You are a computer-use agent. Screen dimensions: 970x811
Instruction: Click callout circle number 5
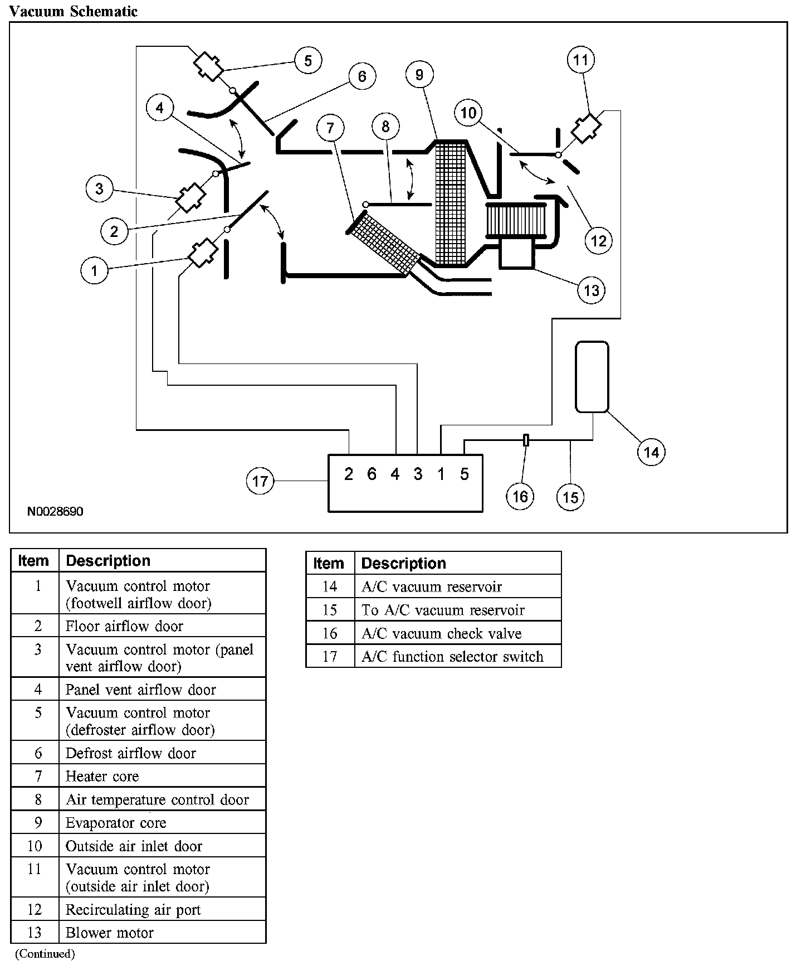point(308,60)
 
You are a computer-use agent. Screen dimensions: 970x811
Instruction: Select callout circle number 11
point(581,60)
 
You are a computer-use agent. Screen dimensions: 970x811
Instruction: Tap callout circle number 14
point(651,452)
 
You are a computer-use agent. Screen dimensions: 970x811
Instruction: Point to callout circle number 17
point(260,481)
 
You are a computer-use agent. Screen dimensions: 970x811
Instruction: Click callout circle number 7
point(330,128)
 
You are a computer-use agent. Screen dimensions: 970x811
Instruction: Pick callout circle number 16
point(520,496)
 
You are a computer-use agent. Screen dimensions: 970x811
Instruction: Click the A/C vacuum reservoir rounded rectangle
point(592,377)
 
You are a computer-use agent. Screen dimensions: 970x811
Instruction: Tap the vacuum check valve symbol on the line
point(526,440)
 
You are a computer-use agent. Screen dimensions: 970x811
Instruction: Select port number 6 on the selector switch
point(372,474)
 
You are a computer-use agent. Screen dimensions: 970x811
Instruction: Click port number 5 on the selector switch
point(465,474)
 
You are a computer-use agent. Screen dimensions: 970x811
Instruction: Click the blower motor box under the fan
point(517,255)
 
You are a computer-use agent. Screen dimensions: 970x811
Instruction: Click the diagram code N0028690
point(55,511)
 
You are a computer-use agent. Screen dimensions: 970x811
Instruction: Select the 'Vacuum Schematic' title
point(74,11)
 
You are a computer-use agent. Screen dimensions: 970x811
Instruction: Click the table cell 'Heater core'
point(102,776)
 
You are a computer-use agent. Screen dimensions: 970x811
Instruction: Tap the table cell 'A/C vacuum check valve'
point(441,634)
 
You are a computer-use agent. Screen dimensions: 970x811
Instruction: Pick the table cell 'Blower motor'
point(110,933)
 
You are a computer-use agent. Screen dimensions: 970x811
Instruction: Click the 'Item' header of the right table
point(329,563)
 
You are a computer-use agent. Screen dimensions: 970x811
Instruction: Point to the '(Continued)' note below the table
point(45,954)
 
